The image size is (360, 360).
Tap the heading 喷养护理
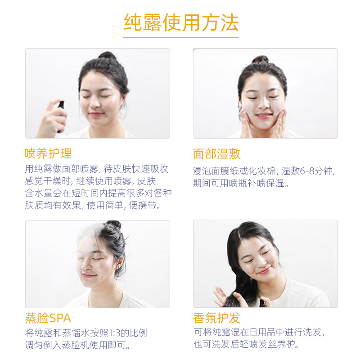tap(48, 153)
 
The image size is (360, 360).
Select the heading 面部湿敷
tap(216, 154)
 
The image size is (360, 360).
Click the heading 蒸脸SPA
tap(48, 318)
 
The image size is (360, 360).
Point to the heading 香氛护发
tap(216, 318)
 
